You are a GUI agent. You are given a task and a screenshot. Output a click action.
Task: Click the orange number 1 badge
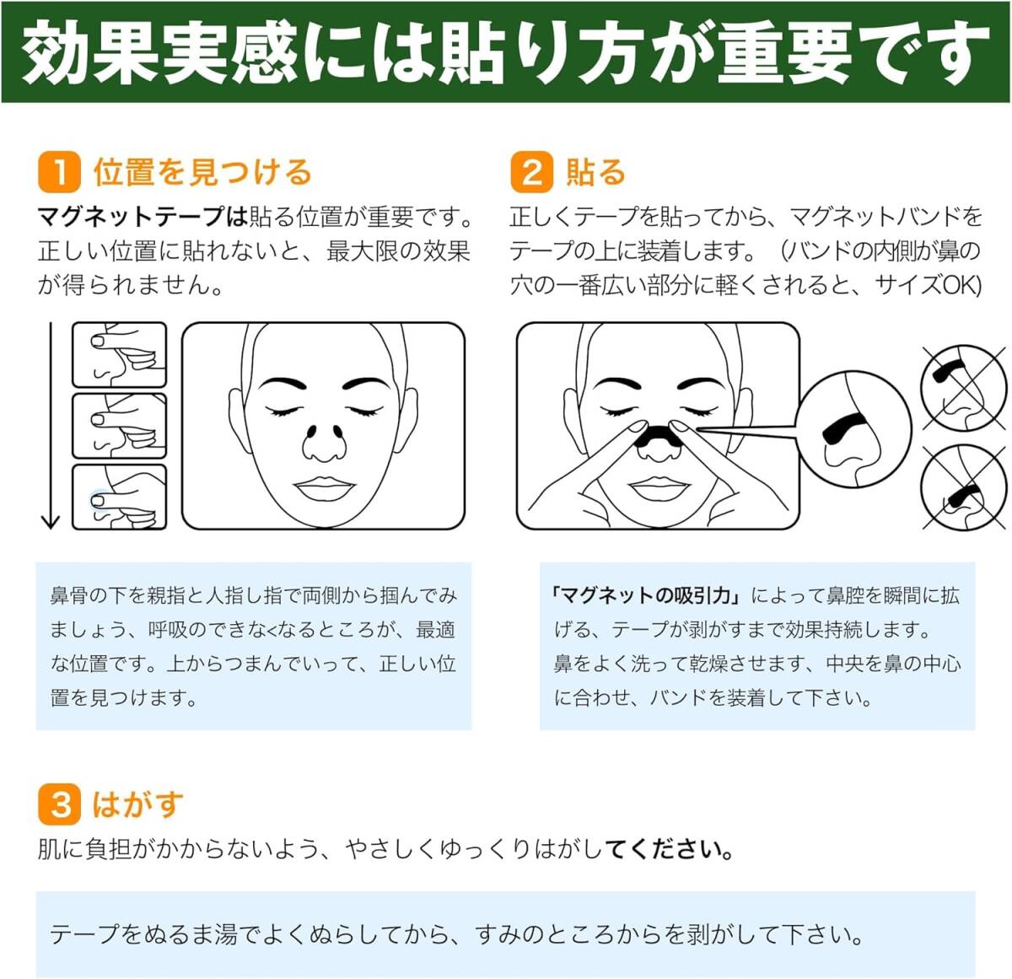[59, 172]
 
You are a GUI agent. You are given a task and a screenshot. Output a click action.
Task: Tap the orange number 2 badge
[531, 172]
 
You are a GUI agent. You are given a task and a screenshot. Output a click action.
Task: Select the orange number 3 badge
[59, 804]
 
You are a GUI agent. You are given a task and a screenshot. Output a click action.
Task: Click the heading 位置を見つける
[202, 172]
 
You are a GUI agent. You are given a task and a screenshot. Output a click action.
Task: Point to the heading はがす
[137, 804]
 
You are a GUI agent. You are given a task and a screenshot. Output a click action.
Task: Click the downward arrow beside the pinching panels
[51, 426]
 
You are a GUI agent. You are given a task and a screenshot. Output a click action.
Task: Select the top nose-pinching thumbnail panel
[119, 355]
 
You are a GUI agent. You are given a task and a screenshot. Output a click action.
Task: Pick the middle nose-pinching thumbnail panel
[119, 426]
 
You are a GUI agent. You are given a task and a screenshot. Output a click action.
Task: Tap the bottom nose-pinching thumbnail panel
[119, 498]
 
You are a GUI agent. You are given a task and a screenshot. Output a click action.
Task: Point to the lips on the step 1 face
[325, 488]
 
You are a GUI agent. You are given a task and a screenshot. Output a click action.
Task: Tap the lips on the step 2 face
[659, 487]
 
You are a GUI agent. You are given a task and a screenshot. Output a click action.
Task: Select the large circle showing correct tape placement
[853, 430]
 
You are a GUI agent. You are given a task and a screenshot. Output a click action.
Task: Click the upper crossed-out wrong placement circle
[961, 386]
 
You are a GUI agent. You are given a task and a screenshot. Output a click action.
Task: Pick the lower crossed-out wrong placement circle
[961, 489]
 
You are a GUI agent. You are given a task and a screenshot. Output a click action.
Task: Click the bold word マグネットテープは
[143, 217]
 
